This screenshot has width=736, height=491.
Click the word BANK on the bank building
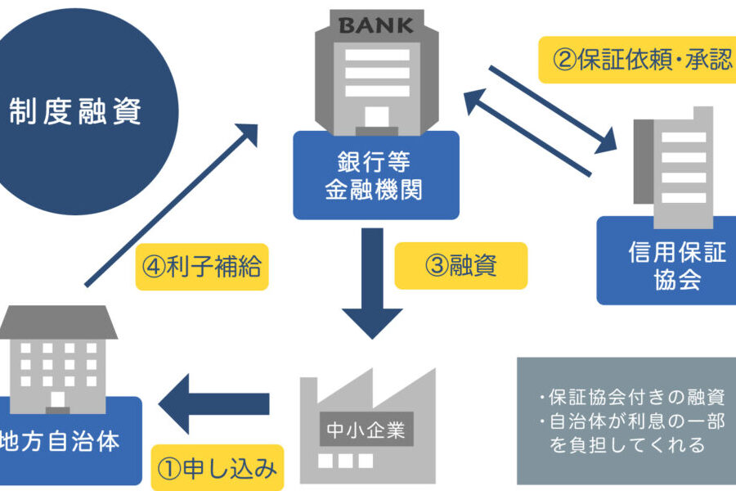pos(375,25)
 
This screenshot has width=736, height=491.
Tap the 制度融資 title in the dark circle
pos(76,110)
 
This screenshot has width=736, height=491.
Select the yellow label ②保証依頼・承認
pos(636,61)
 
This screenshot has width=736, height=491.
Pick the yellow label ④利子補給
pos(202,266)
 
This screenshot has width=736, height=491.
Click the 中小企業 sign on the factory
pos(366,429)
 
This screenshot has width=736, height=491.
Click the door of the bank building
pos(376,119)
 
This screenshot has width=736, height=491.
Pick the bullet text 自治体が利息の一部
pos(626,422)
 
